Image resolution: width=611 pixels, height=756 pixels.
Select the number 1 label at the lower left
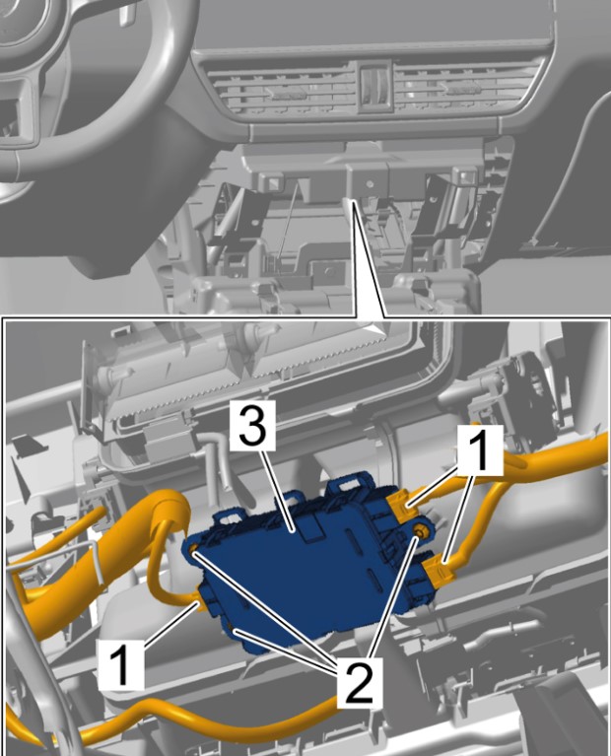coord(121,663)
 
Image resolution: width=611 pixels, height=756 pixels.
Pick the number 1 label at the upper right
coord(479,450)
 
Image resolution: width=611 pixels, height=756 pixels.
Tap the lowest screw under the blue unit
coord(232,631)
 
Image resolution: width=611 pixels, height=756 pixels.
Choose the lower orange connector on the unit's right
coord(439,571)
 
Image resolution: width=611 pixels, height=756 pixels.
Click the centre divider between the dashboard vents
coord(374,88)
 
